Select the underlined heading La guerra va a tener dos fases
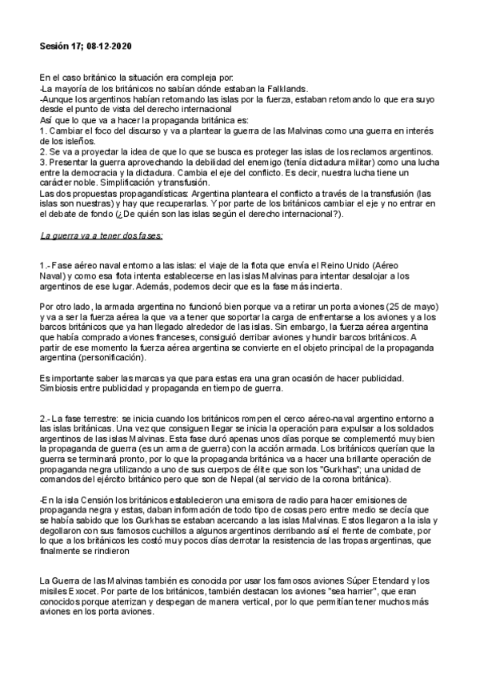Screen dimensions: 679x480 point(101,236)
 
